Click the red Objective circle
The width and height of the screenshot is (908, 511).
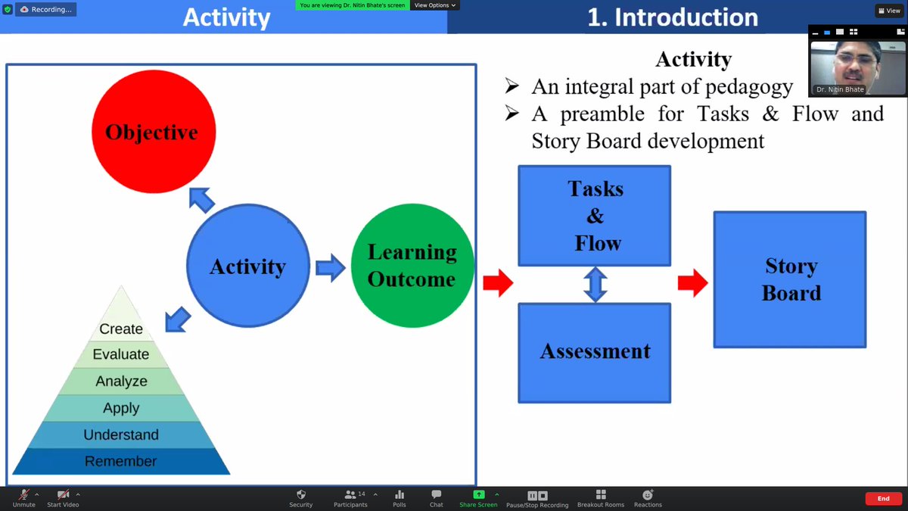pyautogui.click(x=154, y=132)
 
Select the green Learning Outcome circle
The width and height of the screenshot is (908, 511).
pyautogui.click(x=412, y=266)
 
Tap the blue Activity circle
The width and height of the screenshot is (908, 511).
pyautogui.click(x=247, y=266)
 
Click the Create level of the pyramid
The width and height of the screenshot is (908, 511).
pyautogui.click(x=121, y=328)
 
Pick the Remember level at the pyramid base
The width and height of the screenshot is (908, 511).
pyautogui.click(x=121, y=461)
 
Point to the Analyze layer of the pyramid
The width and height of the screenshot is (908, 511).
pyautogui.click(x=121, y=381)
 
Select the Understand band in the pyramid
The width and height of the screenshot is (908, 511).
pyautogui.click(x=121, y=435)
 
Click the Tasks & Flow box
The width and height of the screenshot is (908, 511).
pyautogui.click(x=594, y=215)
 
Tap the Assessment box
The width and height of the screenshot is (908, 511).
pyautogui.click(x=594, y=352)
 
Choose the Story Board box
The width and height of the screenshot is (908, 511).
pyautogui.click(x=790, y=279)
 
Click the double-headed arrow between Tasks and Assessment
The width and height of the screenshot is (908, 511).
pyautogui.click(x=595, y=284)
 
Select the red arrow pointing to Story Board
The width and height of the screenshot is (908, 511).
pyautogui.click(x=692, y=284)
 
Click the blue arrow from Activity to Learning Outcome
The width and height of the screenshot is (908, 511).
pyautogui.click(x=330, y=267)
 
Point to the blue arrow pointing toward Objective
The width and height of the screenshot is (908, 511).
pyautogui.click(x=201, y=200)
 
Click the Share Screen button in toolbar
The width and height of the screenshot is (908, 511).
pyautogui.click(x=478, y=497)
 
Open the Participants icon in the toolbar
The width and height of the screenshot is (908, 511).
pyautogui.click(x=350, y=497)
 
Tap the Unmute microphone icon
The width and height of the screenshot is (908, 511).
pyautogui.click(x=23, y=497)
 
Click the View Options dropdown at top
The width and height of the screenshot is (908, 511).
pyautogui.click(x=435, y=5)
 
